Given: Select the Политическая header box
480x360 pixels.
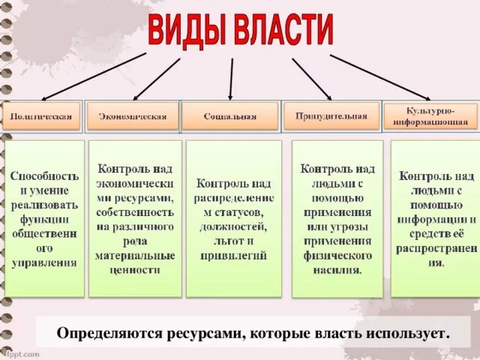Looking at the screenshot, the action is pos(42,116).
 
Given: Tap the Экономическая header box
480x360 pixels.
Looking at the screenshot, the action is pos(133,116).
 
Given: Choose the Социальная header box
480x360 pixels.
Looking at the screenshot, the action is pos(230,116).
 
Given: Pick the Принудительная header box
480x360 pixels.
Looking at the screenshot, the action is pos(331,115).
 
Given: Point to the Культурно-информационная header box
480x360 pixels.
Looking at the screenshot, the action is pos(430,115).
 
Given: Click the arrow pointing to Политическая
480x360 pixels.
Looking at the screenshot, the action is pos(94,76).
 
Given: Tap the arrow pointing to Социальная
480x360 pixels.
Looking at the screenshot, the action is pos(231,77).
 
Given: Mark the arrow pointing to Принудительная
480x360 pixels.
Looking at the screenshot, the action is pos(311,77).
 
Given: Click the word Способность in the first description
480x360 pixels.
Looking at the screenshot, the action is pos(44,175).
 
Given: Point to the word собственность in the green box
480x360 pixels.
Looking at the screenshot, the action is pos(136,212).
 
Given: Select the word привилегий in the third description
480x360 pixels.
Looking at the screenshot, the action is pos(233,255).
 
